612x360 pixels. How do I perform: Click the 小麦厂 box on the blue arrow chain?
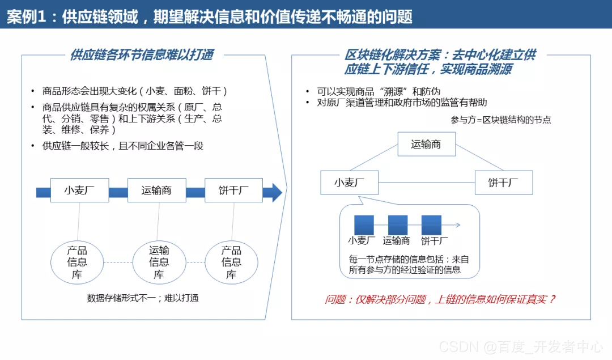coord(79,190)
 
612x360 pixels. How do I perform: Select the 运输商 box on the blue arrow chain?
coord(156,190)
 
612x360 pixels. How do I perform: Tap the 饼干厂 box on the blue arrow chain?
coord(233,190)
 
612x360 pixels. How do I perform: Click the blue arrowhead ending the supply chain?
coord(276,192)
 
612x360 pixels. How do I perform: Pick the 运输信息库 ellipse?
coord(159,262)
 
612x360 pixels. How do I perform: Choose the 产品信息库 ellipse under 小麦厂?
coord(77,262)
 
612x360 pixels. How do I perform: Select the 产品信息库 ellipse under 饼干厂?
coord(231,262)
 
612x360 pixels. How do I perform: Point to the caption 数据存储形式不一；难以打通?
coord(143,298)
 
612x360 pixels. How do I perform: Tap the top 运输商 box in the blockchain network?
coord(426,144)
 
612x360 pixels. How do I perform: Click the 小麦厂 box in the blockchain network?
coord(348,183)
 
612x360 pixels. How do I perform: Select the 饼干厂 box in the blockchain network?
coord(503,183)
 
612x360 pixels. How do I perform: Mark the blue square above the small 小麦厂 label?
coord(364,225)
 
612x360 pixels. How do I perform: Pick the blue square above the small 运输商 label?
coord(398,225)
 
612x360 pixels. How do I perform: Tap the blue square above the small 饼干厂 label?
coord(431,225)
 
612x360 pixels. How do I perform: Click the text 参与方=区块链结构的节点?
coord(500,120)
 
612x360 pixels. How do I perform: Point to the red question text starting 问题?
coord(440,299)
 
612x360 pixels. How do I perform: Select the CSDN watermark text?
coord(521,346)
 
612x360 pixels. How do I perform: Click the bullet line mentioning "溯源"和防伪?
coord(379,91)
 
